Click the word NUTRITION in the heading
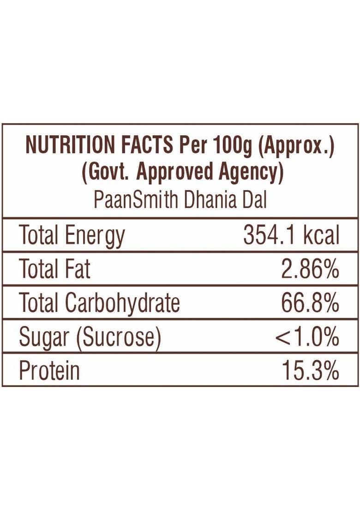point(69,145)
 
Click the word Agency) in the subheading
point(246,173)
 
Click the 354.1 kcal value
point(291,236)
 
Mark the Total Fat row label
point(54,269)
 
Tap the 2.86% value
point(310,269)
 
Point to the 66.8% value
point(310,303)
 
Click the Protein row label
point(49,371)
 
